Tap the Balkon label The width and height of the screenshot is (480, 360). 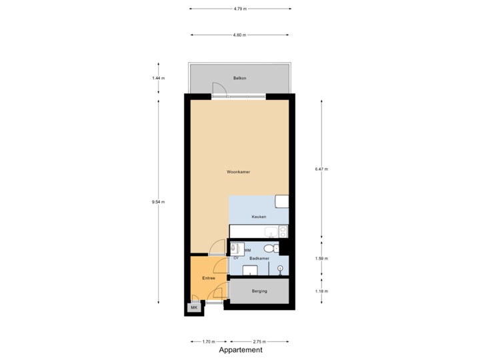(x=240, y=79)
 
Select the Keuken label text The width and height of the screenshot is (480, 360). (x=259, y=217)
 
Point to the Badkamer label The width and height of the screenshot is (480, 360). (x=259, y=258)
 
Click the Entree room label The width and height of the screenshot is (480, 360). (x=208, y=278)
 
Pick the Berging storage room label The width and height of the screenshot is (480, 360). (x=259, y=291)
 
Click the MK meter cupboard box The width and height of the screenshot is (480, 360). (x=194, y=308)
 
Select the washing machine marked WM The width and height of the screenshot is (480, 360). (x=237, y=248)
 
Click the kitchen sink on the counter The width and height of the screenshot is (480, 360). (x=270, y=232)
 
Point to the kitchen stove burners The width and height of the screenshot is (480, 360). (x=283, y=232)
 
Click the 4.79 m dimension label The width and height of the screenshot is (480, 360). (x=240, y=9)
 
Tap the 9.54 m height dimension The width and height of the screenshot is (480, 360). (x=159, y=201)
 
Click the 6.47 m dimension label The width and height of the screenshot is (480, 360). (x=321, y=169)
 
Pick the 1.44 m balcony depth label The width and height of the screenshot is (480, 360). (x=159, y=79)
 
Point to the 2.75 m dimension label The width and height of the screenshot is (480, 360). (x=259, y=341)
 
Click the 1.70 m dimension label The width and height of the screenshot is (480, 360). (x=208, y=341)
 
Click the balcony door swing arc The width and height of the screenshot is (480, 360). (x=218, y=89)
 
